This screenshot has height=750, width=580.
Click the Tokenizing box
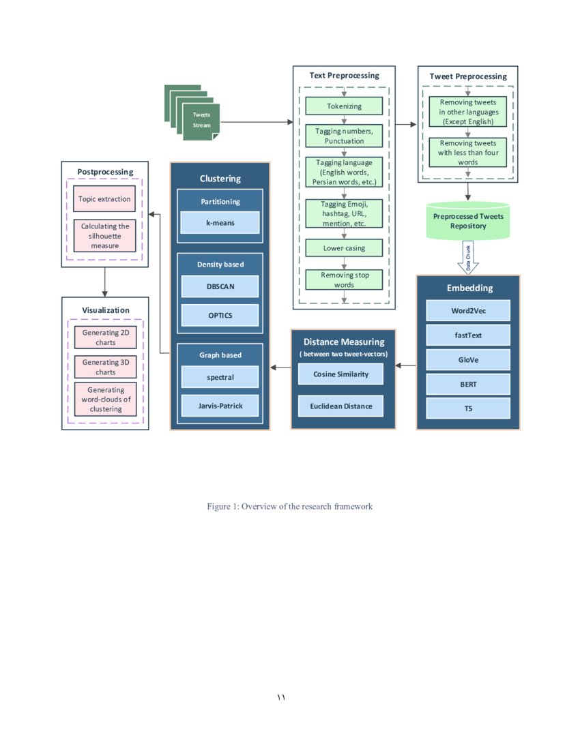click(x=344, y=106)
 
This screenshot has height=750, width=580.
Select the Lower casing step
click(x=344, y=248)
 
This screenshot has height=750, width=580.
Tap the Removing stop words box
click(x=344, y=280)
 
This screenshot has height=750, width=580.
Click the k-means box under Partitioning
click(x=220, y=222)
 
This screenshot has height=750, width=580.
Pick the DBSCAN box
click(x=220, y=286)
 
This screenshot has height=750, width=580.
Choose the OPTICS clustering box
click(x=220, y=315)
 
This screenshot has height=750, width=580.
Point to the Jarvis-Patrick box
click(x=220, y=406)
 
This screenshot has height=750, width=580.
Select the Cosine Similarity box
click(x=341, y=374)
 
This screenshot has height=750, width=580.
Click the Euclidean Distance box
click(x=341, y=406)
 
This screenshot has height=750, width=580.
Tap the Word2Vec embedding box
click(x=468, y=310)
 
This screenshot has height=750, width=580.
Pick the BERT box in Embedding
click(x=468, y=384)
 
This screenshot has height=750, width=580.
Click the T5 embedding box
click(x=468, y=408)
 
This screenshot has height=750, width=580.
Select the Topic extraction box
click(x=104, y=198)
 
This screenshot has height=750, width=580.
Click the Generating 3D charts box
click(x=105, y=367)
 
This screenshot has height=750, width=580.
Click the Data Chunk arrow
click(x=468, y=258)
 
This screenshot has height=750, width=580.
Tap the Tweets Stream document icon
click(x=201, y=121)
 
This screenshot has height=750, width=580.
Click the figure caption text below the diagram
click(x=290, y=507)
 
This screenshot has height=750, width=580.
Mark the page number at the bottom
click(x=281, y=697)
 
